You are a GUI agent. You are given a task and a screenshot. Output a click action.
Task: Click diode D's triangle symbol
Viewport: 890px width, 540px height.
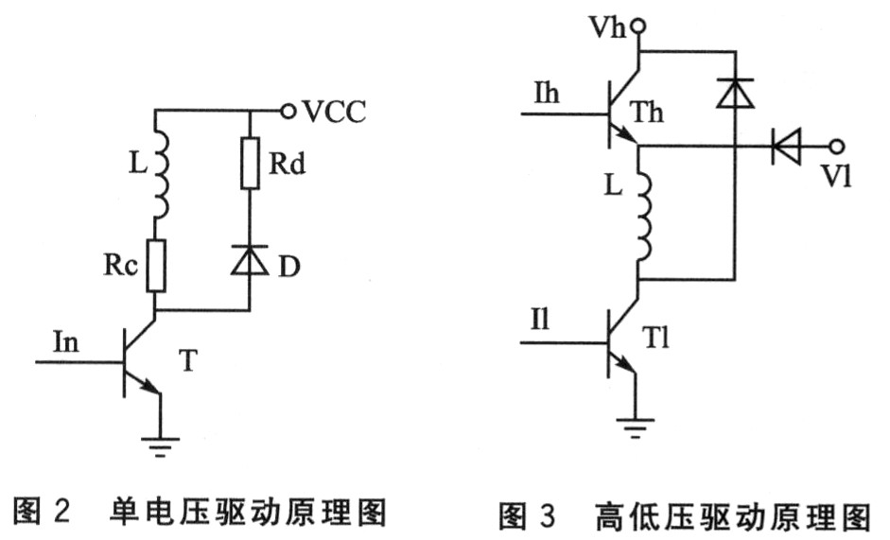pos(250,260)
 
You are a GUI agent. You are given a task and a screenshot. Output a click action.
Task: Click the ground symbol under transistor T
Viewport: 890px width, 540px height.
pos(160,441)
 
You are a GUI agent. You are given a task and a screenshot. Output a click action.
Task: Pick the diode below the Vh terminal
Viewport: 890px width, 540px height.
pos(734,91)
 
